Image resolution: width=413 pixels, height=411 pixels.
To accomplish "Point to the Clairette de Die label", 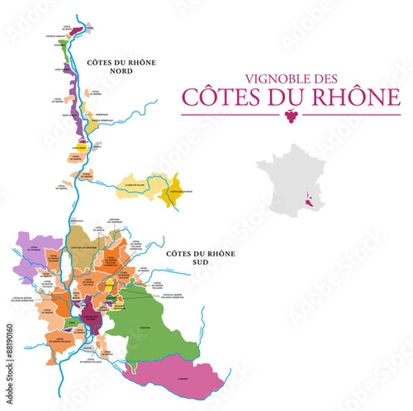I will (134, 185).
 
